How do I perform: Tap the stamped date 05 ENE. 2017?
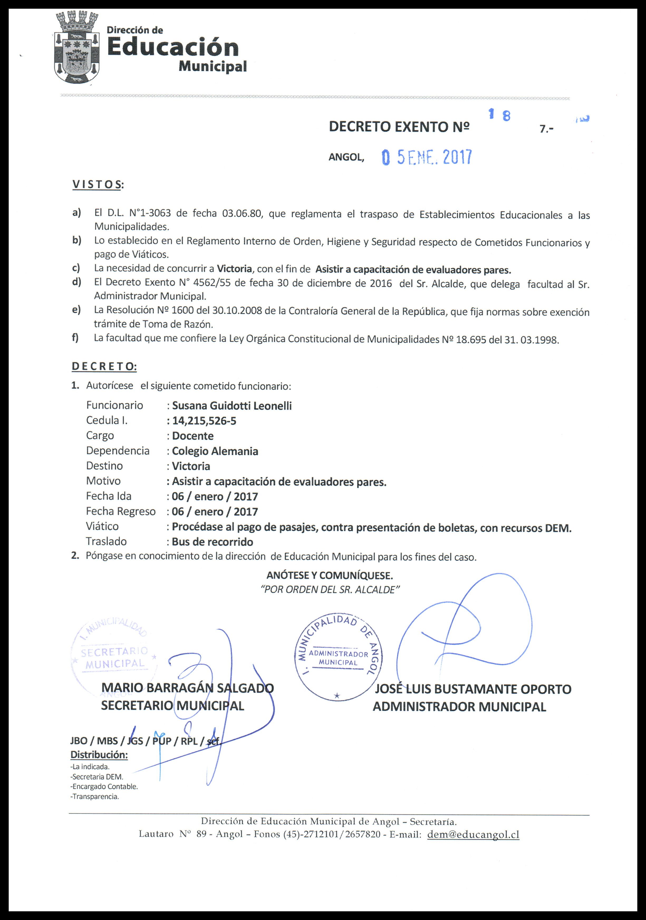tap(427, 157)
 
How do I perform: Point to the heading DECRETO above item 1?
tap(104, 366)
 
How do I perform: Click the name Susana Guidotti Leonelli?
tap(232, 406)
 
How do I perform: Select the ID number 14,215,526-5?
tap(204, 421)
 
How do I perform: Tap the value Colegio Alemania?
tap(215, 451)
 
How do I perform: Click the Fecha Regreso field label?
tap(120, 511)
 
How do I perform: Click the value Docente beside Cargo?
tap(193, 436)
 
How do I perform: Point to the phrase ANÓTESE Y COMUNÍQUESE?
tap(329, 576)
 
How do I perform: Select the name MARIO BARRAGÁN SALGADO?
tap(187, 688)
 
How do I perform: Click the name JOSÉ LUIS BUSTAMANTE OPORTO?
tap(473, 689)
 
